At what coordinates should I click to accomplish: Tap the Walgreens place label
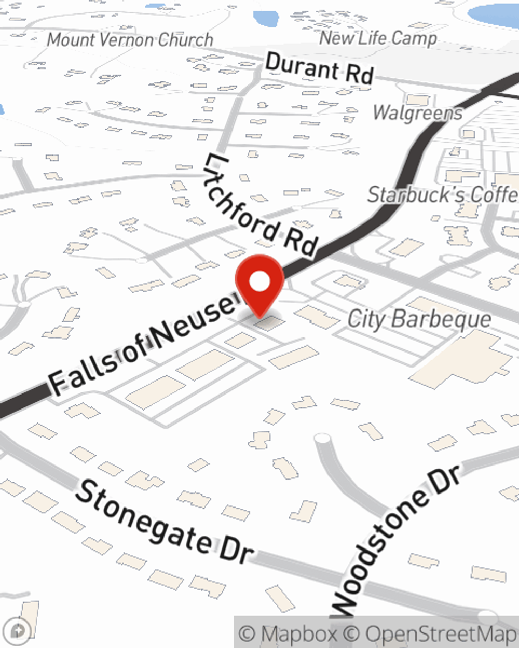click(x=418, y=112)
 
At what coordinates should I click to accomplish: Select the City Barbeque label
click(x=419, y=318)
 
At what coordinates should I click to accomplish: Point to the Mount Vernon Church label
click(x=130, y=39)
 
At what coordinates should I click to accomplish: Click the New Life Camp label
click(x=378, y=38)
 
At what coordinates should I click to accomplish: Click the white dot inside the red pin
click(x=259, y=281)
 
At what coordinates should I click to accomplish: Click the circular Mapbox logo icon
click(x=18, y=631)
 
